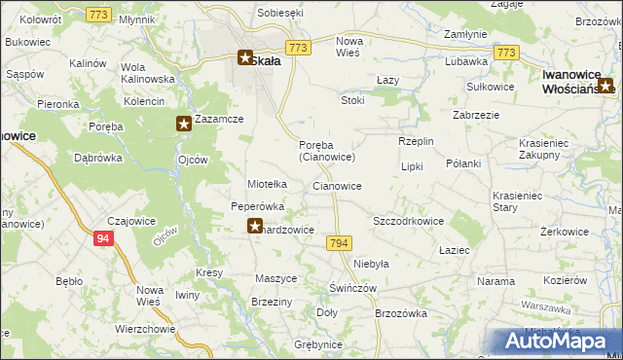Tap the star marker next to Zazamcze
(x=183, y=123)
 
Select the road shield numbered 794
(x=339, y=242)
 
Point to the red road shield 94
(x=103, y=236)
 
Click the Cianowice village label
(x=338, y=185)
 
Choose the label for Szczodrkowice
(x=408, y=221)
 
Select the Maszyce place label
(x=275, y=278)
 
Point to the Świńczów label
(x=352, y=288)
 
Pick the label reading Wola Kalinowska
(x=147, y=73)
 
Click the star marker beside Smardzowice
(x=252, y=228)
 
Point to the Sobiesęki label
(x=280, y=13)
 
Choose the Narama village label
(x=495, y=281)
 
